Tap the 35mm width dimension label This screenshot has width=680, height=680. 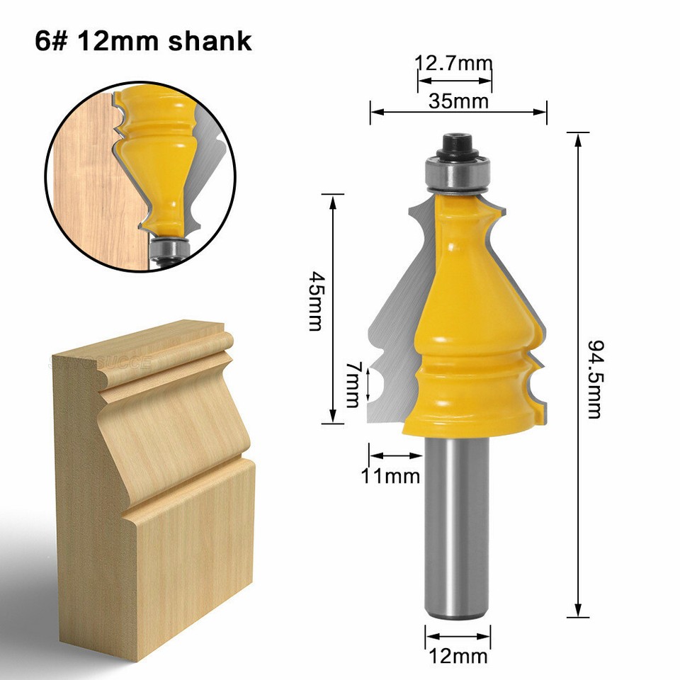pos(458,101)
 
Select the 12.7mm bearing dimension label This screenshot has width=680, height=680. pos(453,64)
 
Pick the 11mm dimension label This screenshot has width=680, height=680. pos(391,476)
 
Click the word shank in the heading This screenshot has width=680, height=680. pos(210,40)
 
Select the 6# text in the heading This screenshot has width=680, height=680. pos(52,40)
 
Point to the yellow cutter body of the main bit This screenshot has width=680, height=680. pos(464,319)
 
